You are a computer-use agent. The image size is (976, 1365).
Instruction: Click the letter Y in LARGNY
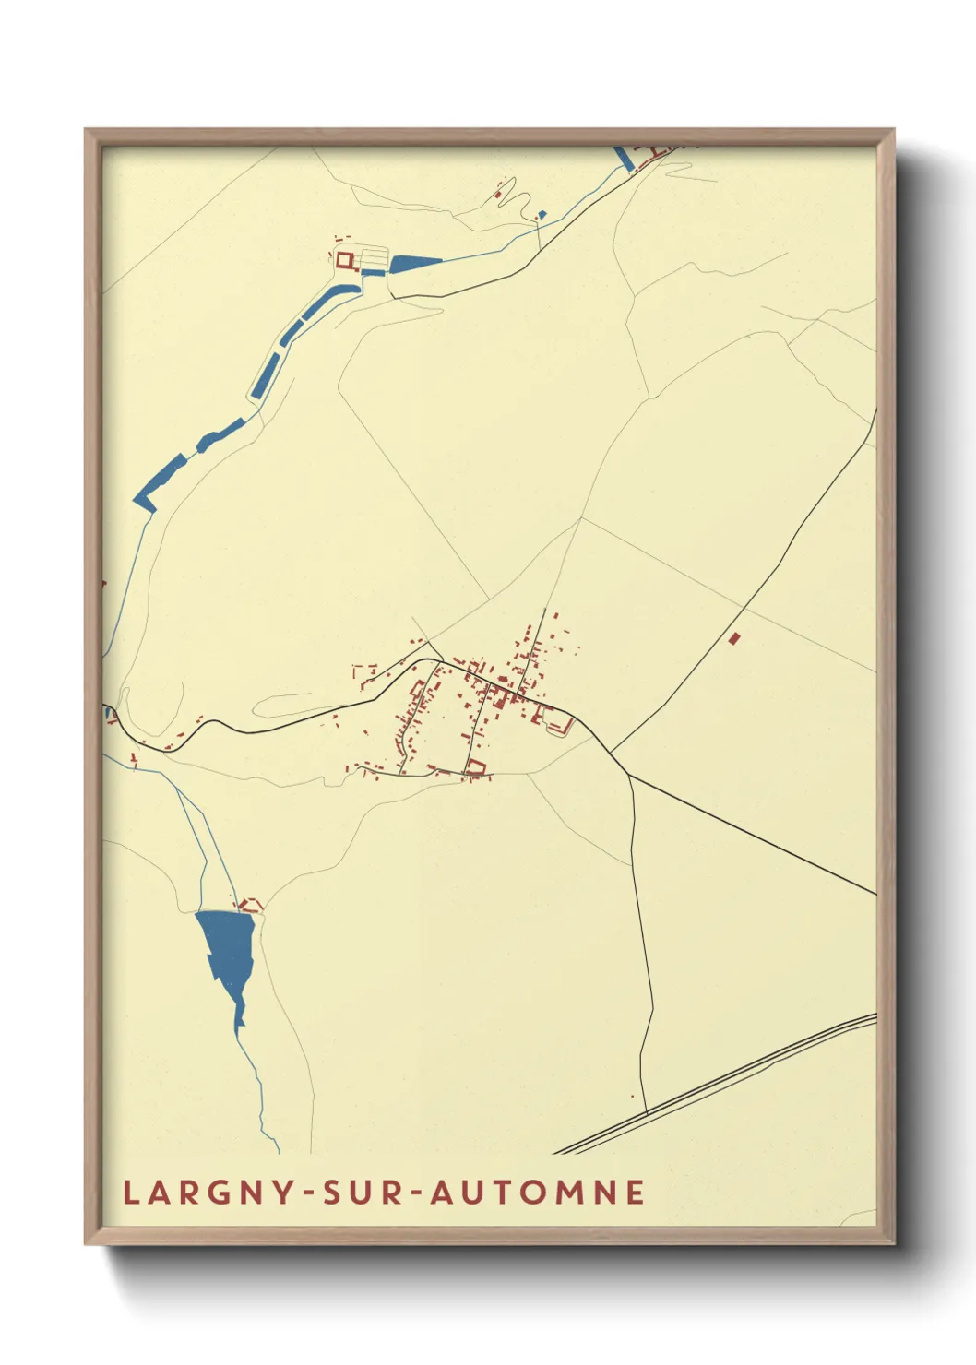click(279, 1192)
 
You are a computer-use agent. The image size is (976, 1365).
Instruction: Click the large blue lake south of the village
click(227, 950)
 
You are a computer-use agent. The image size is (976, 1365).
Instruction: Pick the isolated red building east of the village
click(734, 638)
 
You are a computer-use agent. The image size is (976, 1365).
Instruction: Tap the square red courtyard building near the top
click(346, 261)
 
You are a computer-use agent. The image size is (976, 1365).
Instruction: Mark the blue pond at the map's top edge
click(625, 157)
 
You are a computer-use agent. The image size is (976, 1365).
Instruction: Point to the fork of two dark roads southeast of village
click(628, 775)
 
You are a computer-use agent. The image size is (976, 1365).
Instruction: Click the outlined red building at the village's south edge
click(475, 766)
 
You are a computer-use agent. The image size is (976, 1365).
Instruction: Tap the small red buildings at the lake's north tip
click(249, 906)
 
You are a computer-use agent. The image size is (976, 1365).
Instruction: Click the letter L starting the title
click(130, 1192)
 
